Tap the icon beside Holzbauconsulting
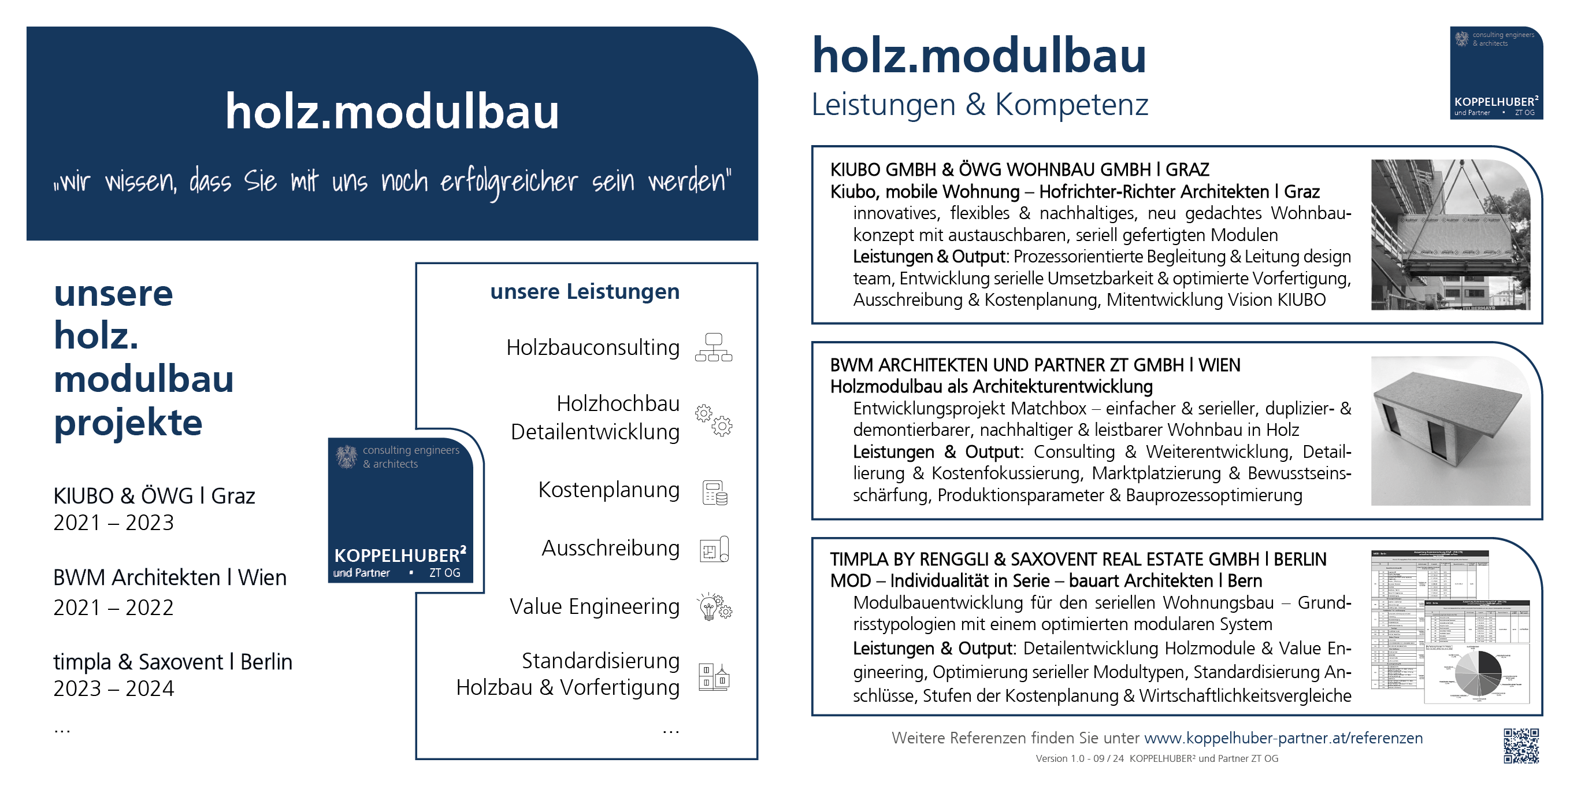click(713, 347)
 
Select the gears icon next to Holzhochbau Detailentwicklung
click(713, 419)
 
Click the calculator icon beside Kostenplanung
click(714, 493)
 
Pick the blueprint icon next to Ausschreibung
click(714, 549)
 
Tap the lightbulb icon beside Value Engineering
click(714, 606)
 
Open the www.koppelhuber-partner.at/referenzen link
click(1283, 738)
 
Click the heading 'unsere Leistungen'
click(584, 291)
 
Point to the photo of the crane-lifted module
click(1450, 235)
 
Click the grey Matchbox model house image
click(1450, 430)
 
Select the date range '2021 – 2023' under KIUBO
click(113, 523)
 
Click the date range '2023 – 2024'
click(113, 688)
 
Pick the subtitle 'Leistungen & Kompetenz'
click(979, 104)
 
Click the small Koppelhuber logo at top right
click(1495, 72)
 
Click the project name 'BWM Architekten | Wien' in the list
click(169, 577)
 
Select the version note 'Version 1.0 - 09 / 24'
click(1079, 759)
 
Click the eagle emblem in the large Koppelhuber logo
click(346, 456)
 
